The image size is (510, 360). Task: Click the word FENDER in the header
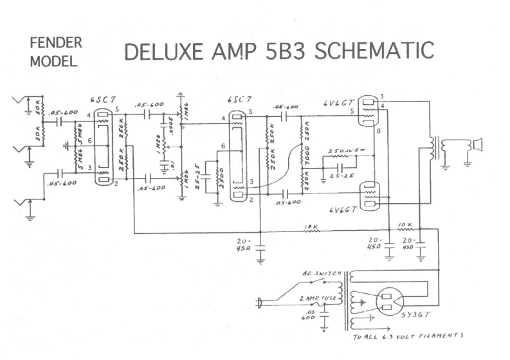(x=55, y=43)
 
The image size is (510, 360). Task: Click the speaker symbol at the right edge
(x=477, y=145)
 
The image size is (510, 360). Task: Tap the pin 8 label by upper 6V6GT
(x=378, y=130)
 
